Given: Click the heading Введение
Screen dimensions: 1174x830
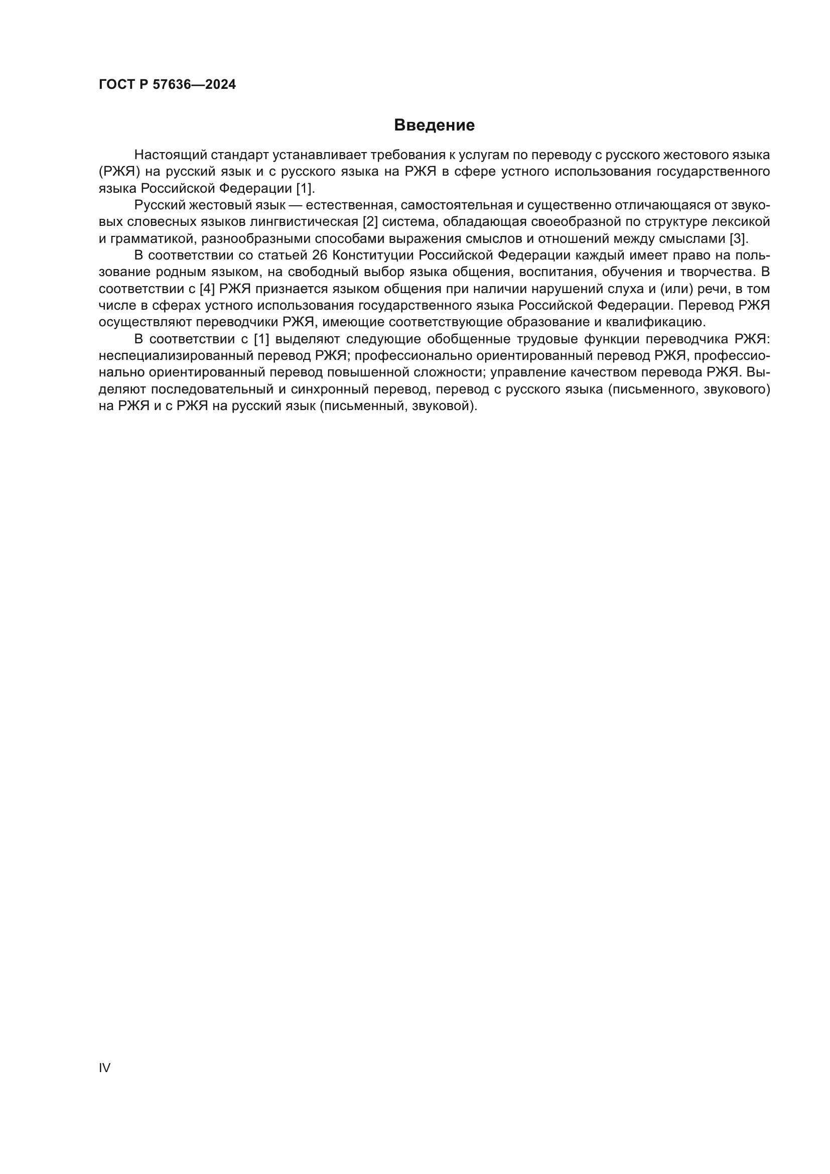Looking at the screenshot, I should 434,125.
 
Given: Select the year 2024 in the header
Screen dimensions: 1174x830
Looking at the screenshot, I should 221,85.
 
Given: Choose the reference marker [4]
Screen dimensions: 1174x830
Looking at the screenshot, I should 207,289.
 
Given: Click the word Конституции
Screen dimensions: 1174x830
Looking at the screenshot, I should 371,255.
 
